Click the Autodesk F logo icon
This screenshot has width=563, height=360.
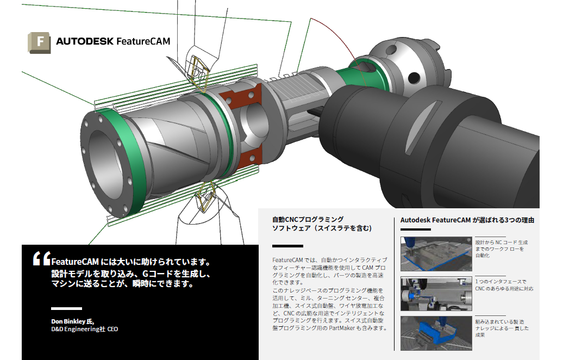(x=39, y=42)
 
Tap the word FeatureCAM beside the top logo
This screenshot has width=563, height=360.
(x=143, y=41)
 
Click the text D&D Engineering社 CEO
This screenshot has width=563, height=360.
(x=84, y=329)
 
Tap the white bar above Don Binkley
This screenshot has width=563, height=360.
(x=66, y=308)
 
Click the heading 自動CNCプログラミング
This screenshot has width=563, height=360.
(x=308, y=220)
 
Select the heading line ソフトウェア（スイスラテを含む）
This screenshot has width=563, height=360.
(x=322, y=229)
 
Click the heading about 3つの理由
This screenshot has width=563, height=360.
(x=467, y=220)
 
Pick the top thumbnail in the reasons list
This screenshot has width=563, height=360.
(x=435, y=253)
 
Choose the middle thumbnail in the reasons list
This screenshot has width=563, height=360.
(x=435, y=294)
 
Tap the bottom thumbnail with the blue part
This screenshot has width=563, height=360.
(x=435, y=333)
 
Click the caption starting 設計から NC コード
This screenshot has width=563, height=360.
(x=500, y=249)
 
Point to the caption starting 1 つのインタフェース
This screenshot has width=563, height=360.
(x=503, y=285)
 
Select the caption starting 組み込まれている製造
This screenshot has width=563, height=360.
(x=501, y=328)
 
